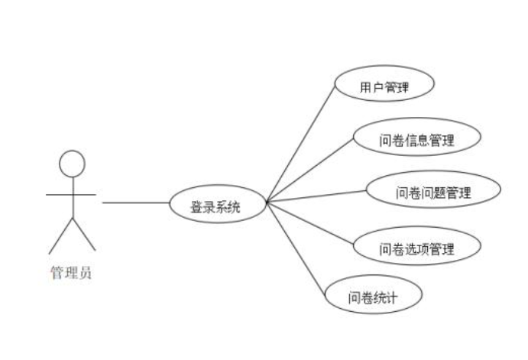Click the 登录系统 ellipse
[218, 204]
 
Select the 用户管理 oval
[384, 87]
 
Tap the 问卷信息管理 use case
[416, 140]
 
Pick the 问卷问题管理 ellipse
[432, 192]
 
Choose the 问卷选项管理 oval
[416, 248]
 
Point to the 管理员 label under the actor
[71, 272]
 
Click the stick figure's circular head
[72, 162]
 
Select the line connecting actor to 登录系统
[135, 203]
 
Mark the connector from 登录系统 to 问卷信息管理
[309, 171]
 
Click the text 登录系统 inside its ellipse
[216, 204]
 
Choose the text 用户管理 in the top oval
[384, 87]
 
